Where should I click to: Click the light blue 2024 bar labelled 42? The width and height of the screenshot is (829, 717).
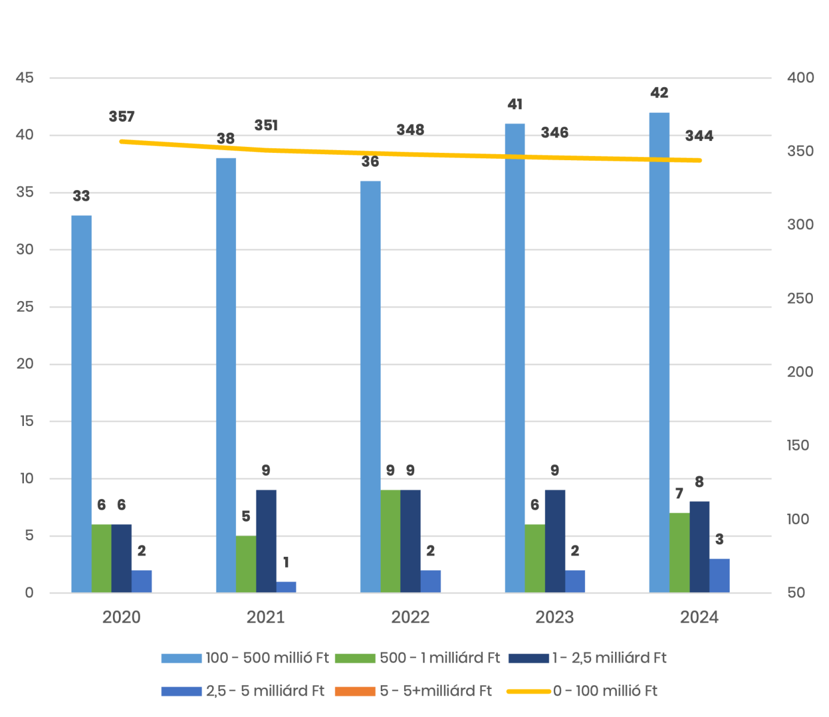(659, 353)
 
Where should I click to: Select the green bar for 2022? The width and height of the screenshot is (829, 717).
(390, 541)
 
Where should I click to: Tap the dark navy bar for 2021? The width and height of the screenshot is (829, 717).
(266, 541)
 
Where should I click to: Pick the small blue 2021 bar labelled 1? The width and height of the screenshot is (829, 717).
(286, 587)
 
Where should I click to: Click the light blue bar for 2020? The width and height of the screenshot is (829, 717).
(81, 404)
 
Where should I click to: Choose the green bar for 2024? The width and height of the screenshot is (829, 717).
(679, 553)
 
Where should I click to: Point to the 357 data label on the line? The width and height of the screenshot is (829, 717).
(122, 117)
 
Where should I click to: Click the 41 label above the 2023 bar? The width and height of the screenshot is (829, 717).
(515, 105)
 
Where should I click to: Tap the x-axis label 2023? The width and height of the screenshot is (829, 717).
(554, 617)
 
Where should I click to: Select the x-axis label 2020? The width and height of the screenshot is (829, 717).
(121, 617)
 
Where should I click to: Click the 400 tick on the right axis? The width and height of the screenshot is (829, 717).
(800, 78)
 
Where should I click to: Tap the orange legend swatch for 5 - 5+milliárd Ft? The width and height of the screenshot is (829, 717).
(354, 691)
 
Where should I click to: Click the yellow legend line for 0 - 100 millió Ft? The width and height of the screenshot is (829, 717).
(528, 691)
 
